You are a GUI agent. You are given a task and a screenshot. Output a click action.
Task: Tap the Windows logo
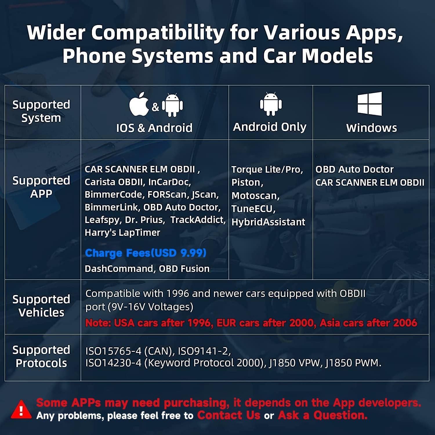pos(370,104)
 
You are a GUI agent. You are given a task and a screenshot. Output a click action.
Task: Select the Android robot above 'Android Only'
pos(271,104)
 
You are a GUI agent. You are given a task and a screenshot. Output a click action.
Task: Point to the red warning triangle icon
pos(21,409)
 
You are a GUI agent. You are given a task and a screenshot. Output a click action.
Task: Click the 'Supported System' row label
pos(41,111)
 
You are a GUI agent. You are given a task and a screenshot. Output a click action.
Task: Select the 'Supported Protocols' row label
pos(41,356)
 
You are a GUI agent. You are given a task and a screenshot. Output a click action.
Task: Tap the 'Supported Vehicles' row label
pos(41,306)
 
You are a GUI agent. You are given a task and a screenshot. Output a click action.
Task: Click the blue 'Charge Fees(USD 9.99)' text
pos(146,253)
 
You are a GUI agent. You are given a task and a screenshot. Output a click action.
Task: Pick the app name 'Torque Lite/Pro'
pos(267,170)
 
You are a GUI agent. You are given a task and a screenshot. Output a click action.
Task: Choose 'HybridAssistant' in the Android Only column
pos(268,222)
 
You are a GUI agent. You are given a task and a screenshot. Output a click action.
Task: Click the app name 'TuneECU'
pos(252,209)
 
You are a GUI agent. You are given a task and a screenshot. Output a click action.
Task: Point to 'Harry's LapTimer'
pos(122,233)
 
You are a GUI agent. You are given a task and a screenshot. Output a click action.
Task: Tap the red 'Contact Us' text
pos(229,415)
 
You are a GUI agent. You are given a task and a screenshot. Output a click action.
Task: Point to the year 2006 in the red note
pos(405,323)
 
